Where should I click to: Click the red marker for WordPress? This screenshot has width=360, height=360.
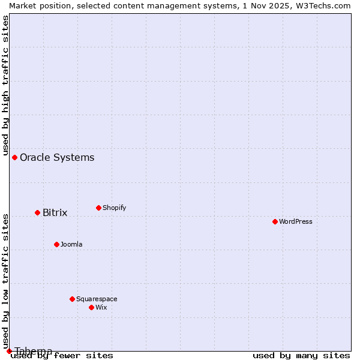click(275, 221)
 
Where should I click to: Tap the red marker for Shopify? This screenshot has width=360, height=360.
click(98, 208)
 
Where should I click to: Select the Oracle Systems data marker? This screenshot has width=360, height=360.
click(14, 157)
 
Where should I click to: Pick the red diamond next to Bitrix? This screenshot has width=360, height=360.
click(37, 212)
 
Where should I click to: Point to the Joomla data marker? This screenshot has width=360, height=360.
click(56, 244)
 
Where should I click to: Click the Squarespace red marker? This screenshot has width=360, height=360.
click(72, 299)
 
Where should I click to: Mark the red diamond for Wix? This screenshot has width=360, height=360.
click(91, 307)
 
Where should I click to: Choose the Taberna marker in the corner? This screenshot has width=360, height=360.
click(9, 351)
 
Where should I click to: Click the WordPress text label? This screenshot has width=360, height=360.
click(296, 221)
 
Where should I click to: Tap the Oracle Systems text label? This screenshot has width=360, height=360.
click(57, 157)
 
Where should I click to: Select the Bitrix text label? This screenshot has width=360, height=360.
click(55, 212)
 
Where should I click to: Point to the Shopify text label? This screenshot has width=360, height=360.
click(114, 208)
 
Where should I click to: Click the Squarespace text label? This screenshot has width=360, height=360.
click(97, 299)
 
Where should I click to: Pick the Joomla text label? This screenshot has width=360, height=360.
click(71, 244)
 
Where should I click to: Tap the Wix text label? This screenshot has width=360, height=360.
click(101, 307)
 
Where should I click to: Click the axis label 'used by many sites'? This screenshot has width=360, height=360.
click(301, 355)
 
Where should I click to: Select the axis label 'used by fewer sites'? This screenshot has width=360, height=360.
click(62, 355)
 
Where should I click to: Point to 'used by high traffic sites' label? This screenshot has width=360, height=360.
click(5, 84)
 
